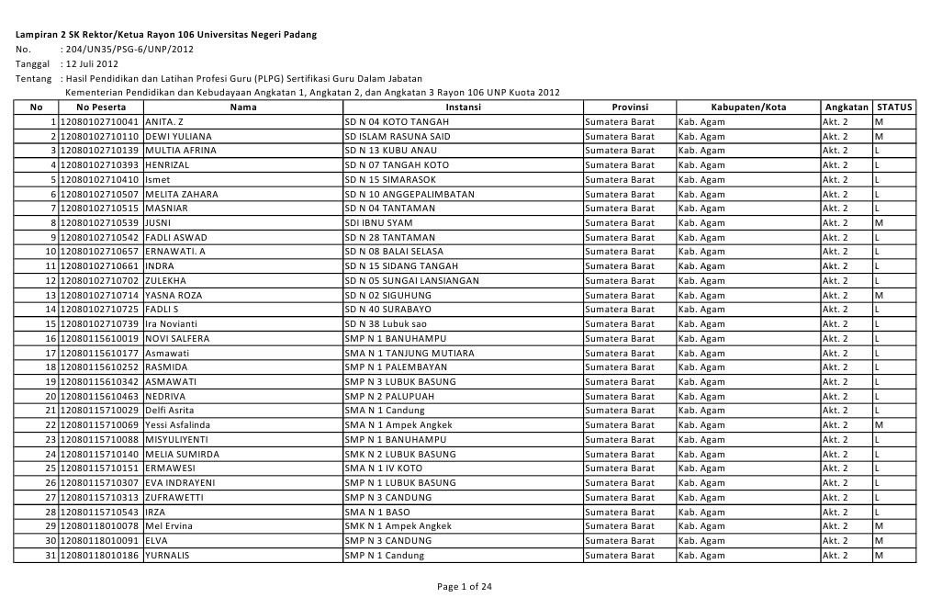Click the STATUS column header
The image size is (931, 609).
tap(894, 107)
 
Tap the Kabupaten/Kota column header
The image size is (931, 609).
tap(748, 107)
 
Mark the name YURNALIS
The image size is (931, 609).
tap(168, 555)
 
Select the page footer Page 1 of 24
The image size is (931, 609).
tap(465, 588)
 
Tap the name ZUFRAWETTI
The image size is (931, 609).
tap(174, 497)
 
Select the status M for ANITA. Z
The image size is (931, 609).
tap(880, 121)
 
